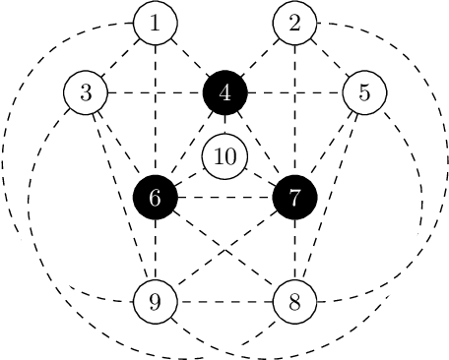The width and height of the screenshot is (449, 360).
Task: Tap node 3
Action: point(86,93)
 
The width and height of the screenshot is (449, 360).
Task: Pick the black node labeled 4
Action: point(225,93)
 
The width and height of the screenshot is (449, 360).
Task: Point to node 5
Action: point(364,93)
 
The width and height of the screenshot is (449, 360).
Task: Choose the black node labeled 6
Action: point(156,197)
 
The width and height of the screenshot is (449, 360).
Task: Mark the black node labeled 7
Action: point(295,197)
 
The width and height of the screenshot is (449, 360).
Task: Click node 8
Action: point(295,301)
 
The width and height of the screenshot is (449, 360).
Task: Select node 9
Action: point(156,301)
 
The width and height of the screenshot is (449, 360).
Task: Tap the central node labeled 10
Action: point(225,155)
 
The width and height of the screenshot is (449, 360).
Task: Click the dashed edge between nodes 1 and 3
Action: point(121,58)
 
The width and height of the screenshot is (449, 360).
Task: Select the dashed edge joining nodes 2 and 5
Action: point(330,58)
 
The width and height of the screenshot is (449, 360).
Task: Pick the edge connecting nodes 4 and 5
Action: point(295,93)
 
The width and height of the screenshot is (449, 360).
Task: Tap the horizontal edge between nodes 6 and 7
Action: point(225,197)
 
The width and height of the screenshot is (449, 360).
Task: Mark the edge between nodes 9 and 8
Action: point(225,301)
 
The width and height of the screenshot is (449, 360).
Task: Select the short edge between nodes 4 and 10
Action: point(225,125)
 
